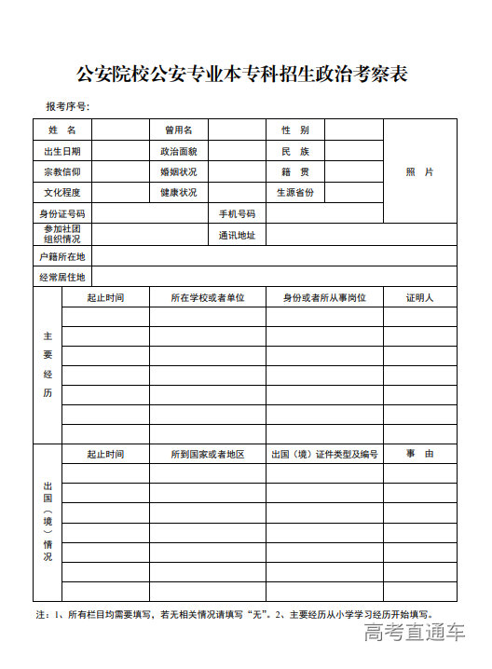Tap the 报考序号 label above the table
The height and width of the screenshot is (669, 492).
[67, 106]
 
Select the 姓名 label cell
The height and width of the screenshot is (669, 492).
[62, 130]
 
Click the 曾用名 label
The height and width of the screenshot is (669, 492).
[178, 130]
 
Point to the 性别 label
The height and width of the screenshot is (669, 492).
[295, 130]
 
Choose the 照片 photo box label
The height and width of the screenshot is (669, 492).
[419, 172]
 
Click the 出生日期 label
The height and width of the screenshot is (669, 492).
[62, 151]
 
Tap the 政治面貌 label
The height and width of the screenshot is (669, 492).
[178, 151]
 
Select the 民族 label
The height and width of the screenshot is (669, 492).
[295, 151]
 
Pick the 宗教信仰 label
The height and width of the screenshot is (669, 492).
[62, 172]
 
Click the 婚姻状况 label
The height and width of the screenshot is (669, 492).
[178, 172]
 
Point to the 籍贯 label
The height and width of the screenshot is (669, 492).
[295, 172]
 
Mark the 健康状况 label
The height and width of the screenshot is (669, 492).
[178, 193]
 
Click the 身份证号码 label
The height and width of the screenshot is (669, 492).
[62, 214]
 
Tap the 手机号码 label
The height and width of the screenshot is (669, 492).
[237, 214]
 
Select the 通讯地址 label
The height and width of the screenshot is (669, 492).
[237, 235]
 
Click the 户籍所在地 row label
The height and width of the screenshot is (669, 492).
[62, 256]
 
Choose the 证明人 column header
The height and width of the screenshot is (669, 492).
[419, 298]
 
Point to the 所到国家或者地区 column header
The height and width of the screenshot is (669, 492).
[207, 455]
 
